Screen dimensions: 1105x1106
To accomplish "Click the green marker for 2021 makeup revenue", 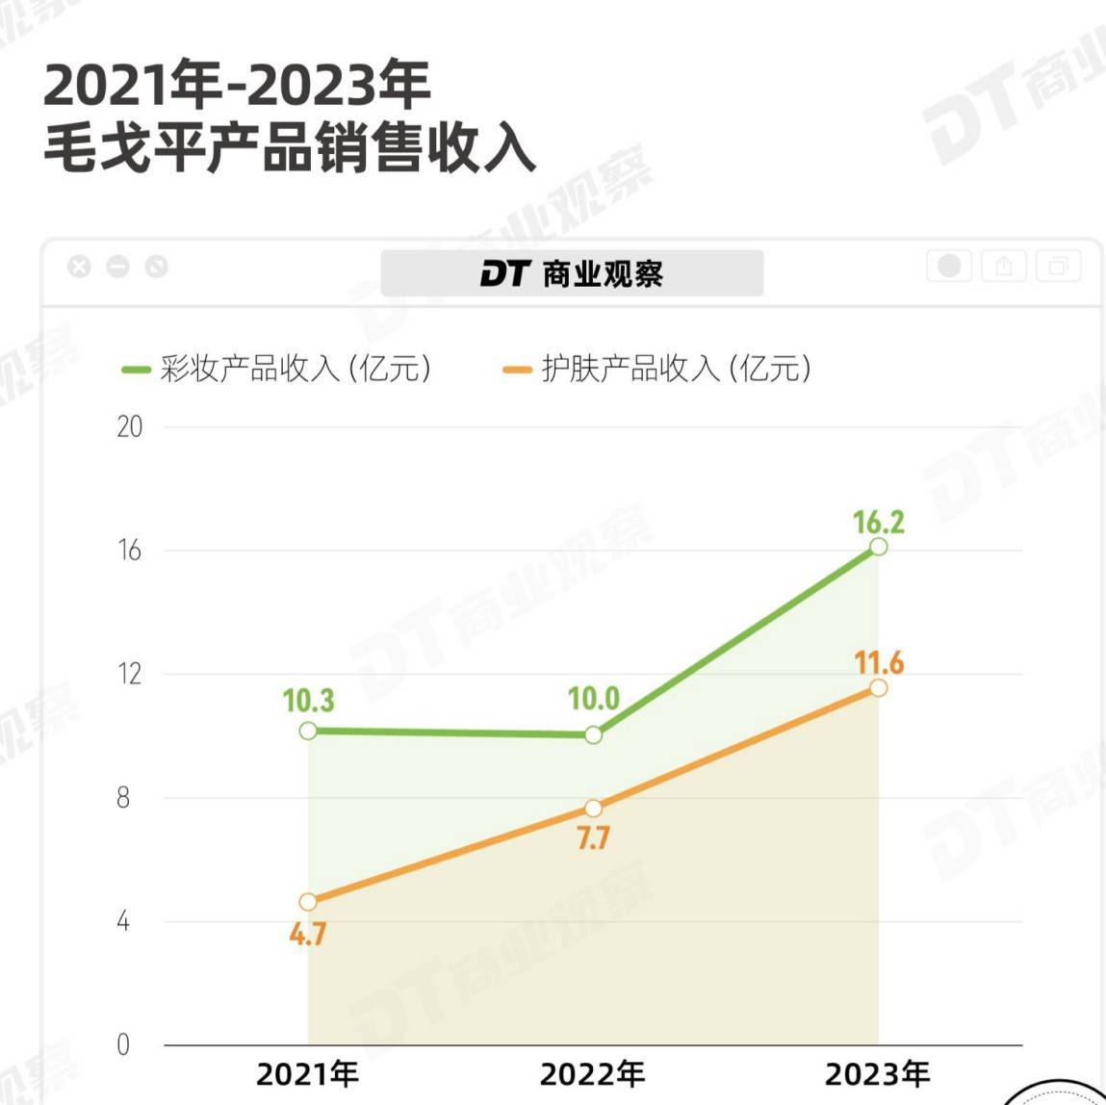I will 308,731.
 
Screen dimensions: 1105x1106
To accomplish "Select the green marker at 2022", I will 593,734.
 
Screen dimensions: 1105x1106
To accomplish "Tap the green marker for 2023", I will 878,547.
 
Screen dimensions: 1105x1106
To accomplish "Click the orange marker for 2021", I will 308,902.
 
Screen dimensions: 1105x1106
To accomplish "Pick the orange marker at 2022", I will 593,809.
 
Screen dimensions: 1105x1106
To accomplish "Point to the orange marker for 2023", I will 878,687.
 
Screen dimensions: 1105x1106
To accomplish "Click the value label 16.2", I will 878,522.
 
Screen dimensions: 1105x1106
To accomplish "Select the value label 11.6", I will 878,662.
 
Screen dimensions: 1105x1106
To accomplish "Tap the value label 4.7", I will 308,934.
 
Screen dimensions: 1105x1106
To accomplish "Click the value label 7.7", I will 593,838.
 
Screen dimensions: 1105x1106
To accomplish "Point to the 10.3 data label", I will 308,701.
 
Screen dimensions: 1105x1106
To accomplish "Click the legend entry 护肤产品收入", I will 657,369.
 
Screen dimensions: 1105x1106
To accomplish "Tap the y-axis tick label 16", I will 129,551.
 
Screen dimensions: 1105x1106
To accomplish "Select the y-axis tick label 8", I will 123,798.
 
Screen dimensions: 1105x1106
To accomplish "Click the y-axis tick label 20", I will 129,426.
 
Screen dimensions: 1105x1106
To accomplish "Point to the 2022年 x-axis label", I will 592,1073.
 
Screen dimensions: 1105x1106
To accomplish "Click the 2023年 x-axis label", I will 877,1073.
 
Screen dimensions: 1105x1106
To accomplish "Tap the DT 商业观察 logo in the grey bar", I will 572,273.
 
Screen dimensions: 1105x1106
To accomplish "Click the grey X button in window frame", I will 79,267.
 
